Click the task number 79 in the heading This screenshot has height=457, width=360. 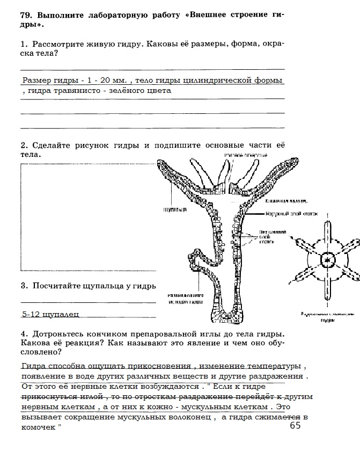(x=27, y=15)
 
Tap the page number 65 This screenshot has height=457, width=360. (x=295, y=426)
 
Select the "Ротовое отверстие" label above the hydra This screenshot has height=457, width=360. (x=242, y=155)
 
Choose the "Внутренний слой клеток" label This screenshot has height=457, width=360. (x=272, y=235)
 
